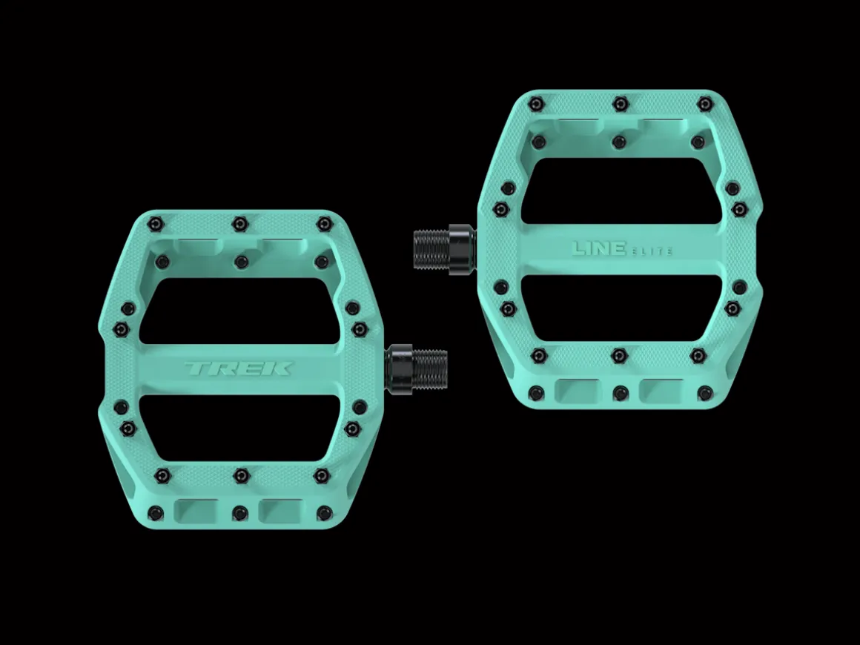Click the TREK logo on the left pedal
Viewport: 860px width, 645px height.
(x=238, y=368)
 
